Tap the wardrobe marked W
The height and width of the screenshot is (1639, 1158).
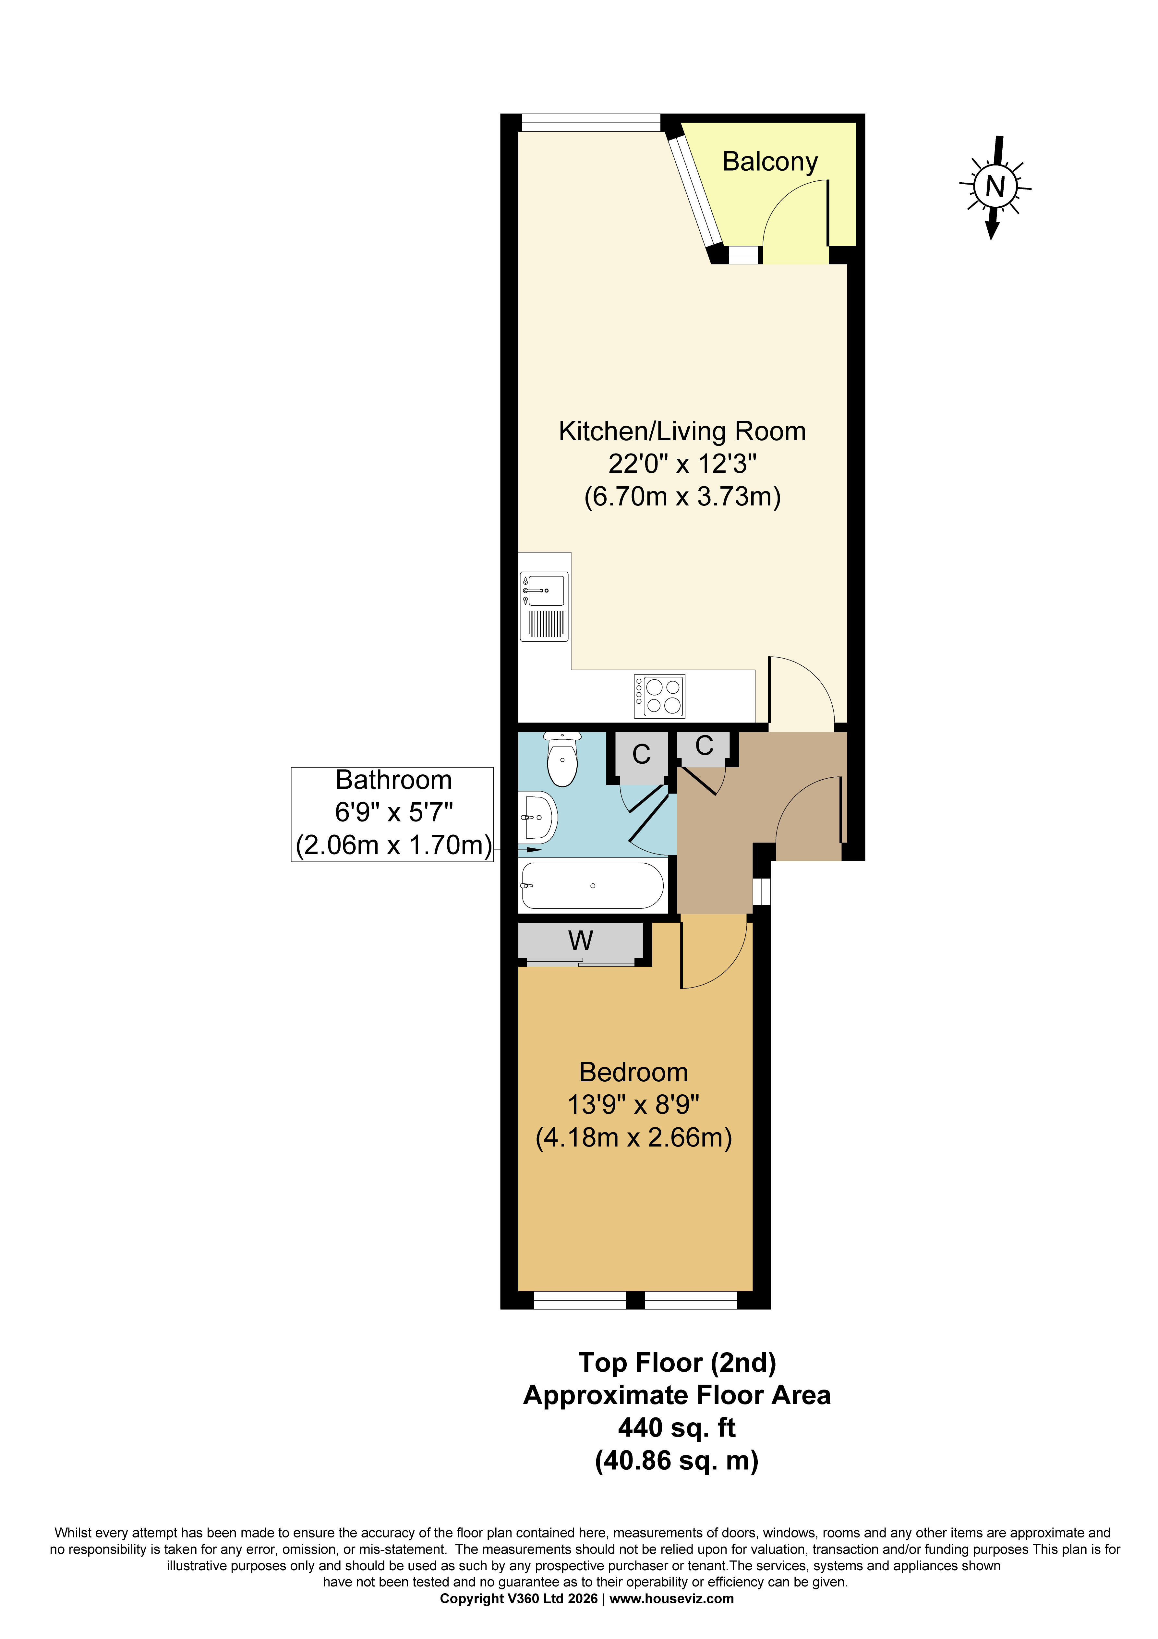pos(580,941)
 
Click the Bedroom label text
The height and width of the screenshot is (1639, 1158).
pos(633,1072)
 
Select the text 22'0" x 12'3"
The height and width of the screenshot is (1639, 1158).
pos(682,464)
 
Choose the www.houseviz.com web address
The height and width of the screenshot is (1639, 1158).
pos(671,1598)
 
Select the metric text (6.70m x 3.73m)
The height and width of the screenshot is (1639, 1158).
pos(682,496)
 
